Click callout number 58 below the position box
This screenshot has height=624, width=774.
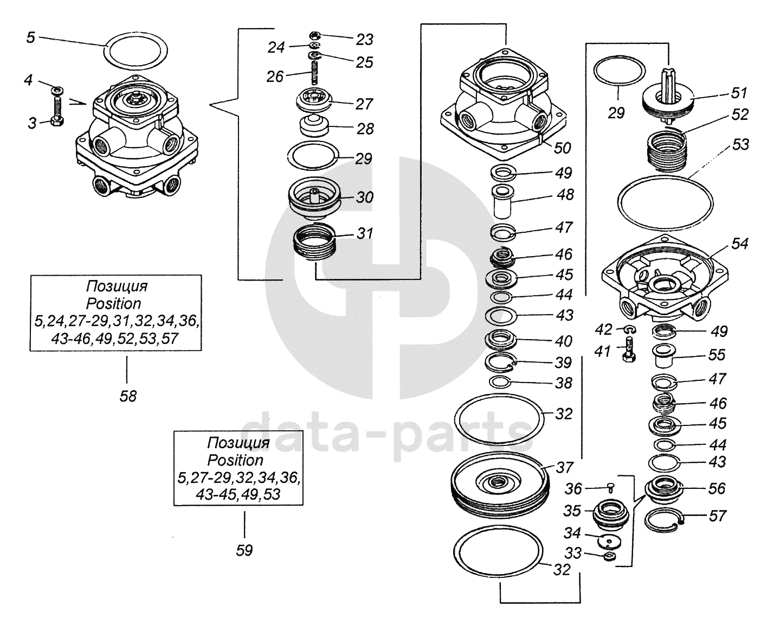(128, 396)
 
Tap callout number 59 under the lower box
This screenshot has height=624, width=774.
(244, 550)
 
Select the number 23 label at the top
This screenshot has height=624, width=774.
(364, 40)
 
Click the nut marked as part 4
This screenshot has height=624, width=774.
(57, 88)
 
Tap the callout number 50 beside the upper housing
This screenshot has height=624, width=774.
(562, 148)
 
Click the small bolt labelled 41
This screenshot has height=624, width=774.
(629, 351)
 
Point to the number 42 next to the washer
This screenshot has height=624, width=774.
(604, 329)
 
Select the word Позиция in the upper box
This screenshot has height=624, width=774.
(117, 286)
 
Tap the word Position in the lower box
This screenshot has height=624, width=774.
(235, 460)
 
